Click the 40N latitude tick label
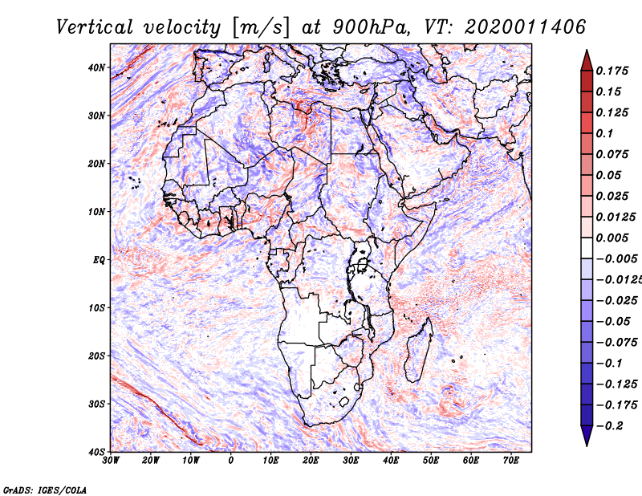pos(96,67)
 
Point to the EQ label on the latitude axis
pos(99,260)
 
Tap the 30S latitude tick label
pos(96,405)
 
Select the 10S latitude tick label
pos(96,308)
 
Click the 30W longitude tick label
pos(111,461)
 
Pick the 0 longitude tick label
pos(231,461)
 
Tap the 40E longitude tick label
pos(391,461)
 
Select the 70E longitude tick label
pos(511,461)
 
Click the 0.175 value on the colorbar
pos(612,71)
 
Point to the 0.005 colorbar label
pos(612,238)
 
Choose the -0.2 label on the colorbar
pos(609,426)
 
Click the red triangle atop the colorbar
pos(587,60)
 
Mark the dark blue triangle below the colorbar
pos(587,436)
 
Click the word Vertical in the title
pos(95,27)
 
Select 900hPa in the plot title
pos(371,27)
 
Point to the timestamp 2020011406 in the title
pos(526,27)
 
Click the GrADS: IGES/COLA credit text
pos(45,490)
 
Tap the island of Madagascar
pos(418,349)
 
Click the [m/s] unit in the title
pos(262,27)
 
